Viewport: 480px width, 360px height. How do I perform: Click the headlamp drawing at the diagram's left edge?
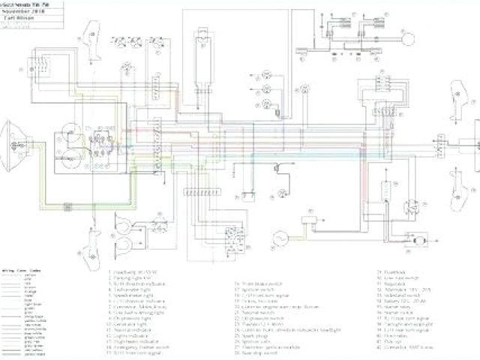(15, 136)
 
